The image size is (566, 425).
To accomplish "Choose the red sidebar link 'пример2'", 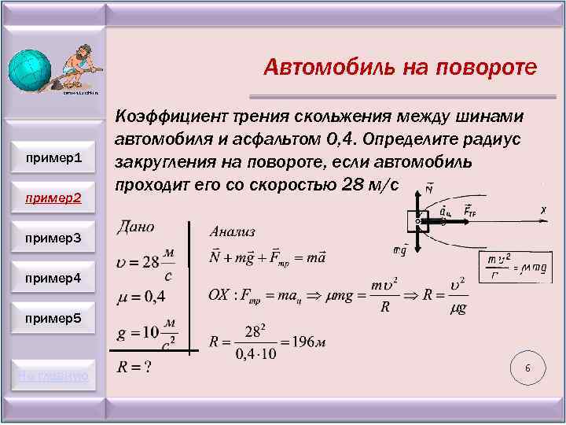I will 53,197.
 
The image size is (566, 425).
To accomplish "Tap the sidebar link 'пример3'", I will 53,237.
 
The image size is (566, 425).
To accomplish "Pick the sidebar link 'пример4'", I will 53,277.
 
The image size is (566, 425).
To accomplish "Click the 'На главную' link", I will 53,375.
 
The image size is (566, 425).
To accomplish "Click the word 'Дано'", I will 135,227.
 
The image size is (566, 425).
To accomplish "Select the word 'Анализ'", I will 232,231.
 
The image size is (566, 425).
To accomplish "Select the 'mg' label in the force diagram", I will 399,249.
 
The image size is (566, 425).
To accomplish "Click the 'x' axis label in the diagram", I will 543,210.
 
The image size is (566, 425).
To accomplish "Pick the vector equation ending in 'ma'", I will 267,257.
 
